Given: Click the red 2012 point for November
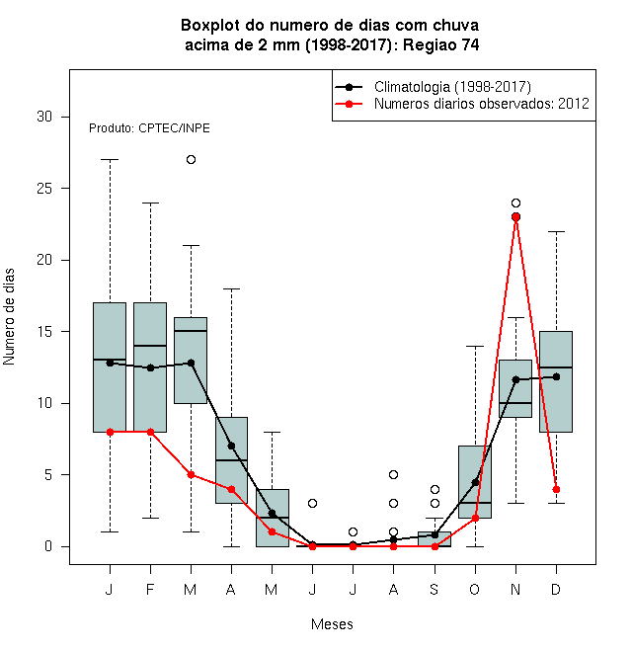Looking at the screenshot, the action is pos(515,217).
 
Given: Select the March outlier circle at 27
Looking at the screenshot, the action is pos(191,160).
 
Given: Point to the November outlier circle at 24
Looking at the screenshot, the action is pos(515,203).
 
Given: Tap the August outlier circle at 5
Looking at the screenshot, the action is pos(393,474).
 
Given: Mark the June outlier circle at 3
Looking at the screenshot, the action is pos(312,503).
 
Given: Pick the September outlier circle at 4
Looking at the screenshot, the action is pos(434,489).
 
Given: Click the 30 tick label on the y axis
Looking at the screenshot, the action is pos(44,117).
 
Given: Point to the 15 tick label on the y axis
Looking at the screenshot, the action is pos(44,332).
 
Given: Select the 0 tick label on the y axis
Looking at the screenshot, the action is pos(48,546).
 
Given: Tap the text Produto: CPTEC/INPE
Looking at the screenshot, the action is pos(149,128).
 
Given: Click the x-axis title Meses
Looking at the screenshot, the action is pos(332,624).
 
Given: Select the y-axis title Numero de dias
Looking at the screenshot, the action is pos(9,317).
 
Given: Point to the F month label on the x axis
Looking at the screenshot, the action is pos(150,589).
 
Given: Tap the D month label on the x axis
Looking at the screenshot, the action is pos(556,589).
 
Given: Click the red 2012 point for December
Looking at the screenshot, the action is pos(556,489).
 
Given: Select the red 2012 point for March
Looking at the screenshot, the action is pos(191,474).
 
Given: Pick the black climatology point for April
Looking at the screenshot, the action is pos(231,447).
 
